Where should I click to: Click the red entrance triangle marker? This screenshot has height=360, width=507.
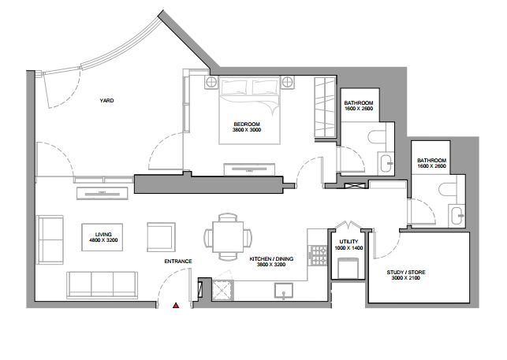click(x=176, y=305)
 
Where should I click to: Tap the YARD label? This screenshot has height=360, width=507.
click(x=106, y=101)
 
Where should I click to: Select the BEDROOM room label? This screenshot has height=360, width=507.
click(x=247, y=124)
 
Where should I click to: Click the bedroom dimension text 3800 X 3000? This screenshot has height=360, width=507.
click(x=247, y=130)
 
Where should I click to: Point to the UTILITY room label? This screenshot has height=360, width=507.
click(x=349, y=242)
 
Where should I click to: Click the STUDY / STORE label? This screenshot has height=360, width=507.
click(x=406, y=273)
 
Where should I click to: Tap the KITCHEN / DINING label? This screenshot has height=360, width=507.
click(x=271, y=259)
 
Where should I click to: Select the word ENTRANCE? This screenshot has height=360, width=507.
click(x=178, y=261)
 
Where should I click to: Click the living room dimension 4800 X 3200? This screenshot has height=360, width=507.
click(x=103, y=240)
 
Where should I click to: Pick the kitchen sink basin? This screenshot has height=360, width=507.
click(x=284, y=291)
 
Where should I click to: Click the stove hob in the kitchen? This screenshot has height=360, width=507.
click(x=318, y=255)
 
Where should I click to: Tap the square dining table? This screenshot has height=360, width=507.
click(x=228, y=237)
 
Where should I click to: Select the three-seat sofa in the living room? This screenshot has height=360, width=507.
click(x=103, y=284)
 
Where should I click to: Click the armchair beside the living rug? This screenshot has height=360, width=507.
click(x=161, y=237)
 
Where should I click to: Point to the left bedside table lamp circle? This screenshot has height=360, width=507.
click(x=211, y=82)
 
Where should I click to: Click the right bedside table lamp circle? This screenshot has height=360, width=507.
click(x=288, y=82)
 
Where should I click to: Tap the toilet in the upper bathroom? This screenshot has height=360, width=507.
click(x=377, y=137)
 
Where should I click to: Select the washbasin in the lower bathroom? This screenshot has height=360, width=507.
click(x=457, y=216)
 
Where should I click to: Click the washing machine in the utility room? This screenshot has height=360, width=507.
click(x=348, y=268)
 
